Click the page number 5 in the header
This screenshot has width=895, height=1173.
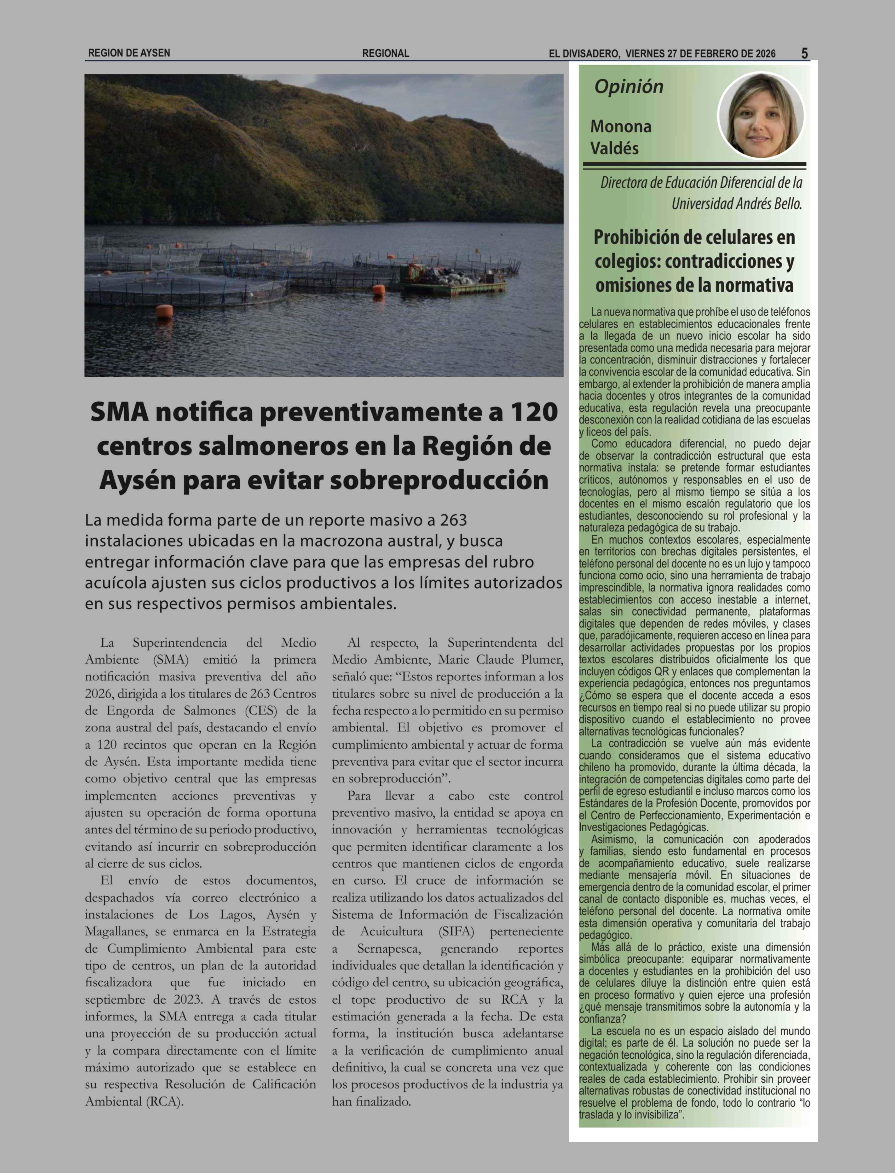click(804, 53)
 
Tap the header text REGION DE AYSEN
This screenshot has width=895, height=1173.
click(129, 53)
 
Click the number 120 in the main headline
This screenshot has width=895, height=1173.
click(533, 412)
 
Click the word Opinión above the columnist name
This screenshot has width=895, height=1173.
click(629, 87)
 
